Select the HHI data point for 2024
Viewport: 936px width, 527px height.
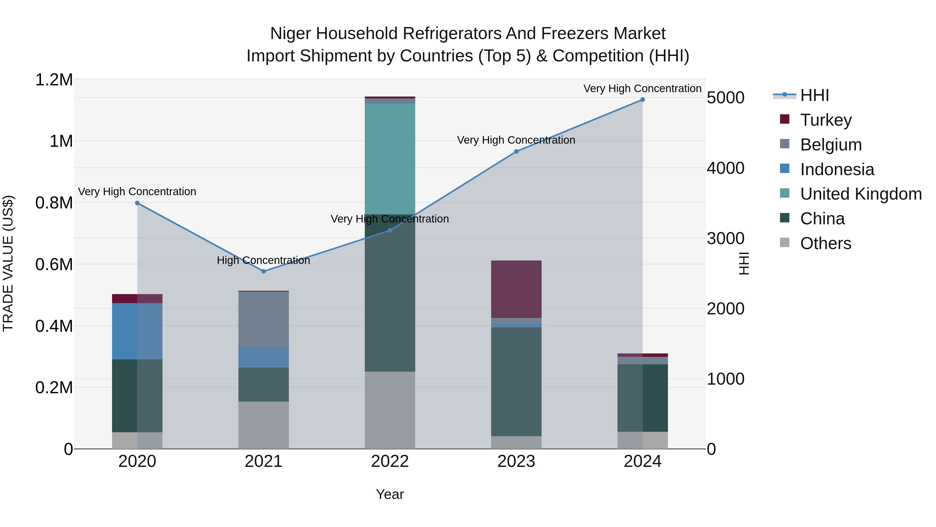click(x=642, y=100)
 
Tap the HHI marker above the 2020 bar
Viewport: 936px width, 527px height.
click(x=137, y=203)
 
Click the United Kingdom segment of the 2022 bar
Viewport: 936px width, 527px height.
click(x=390, y=159)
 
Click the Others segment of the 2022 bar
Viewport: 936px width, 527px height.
click(x=390, y=410)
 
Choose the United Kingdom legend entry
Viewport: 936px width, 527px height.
click(x=860, y=194)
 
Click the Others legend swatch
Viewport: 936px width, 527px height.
click(x=784, y=243)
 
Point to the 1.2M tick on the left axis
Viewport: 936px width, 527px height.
click(x=54, y=80)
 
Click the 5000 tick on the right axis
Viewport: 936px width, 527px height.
click(x=725, y=98)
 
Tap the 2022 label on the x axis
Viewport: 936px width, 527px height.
click(x=390, y=461)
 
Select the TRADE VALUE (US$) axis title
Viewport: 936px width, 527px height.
click(x=8, y=263)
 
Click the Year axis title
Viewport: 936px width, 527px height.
click(x=390, y=494)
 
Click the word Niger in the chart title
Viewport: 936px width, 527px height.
click(x=291, y=34)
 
